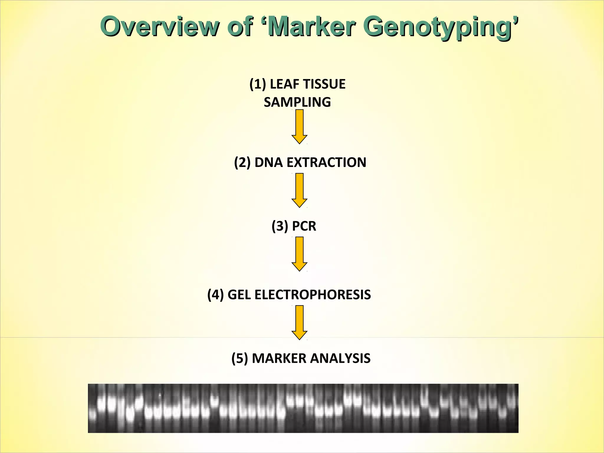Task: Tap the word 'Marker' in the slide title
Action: click(x=311, y=27)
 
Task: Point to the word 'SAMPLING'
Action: click(x=297, y=102)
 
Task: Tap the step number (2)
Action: click(x=242, y=163)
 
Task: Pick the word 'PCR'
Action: click(x=304, y=226)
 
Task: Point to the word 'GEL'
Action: click(x=239, y=295)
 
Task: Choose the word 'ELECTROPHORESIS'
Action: click(x=313, y=295)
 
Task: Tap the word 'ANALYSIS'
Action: click(x=340, y=358)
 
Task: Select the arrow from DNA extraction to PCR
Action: click(x=299, y=190)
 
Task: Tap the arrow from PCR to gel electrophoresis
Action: click(x=299, y=254)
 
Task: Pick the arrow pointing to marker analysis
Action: click(x=299, y=322)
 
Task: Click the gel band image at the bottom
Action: click(x=303, y=408)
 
